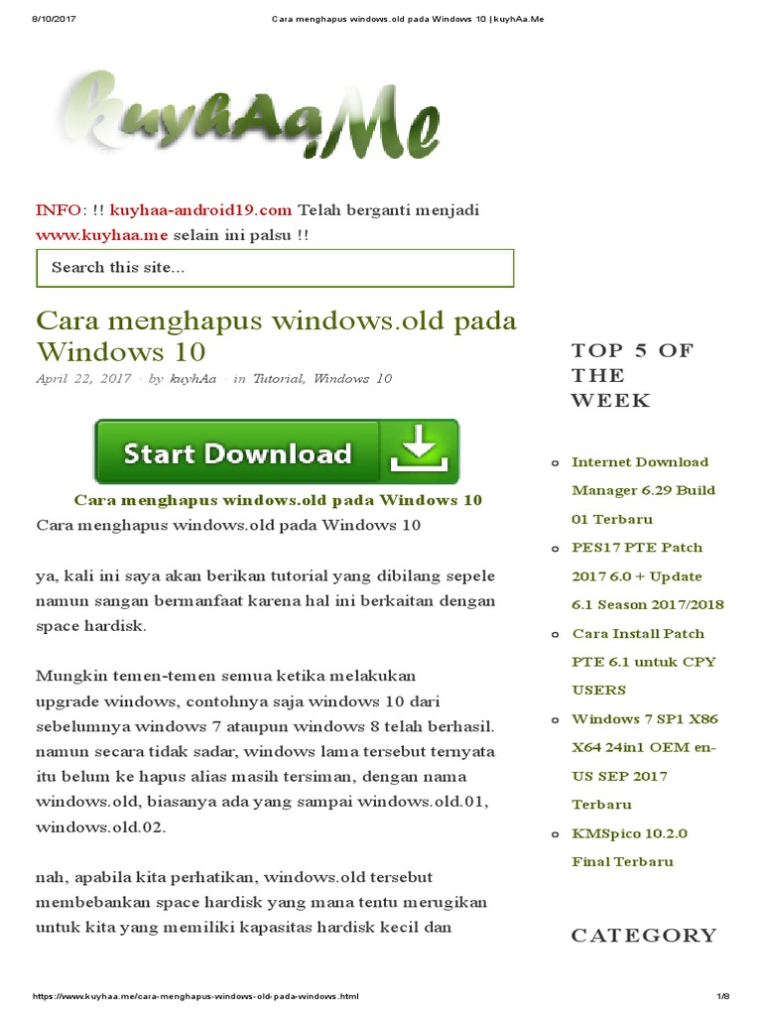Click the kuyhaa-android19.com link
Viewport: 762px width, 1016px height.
click(200, 210)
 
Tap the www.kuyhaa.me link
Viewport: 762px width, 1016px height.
click(102, 235)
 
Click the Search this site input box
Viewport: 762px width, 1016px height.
click(275, 268)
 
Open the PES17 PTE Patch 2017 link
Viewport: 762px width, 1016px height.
click(647, 575)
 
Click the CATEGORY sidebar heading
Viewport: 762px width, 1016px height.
click(643, 935)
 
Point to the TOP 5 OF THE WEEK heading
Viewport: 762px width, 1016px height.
click(632, 375)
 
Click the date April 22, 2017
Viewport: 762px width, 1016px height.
click(83, 379)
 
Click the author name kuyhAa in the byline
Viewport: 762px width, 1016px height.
click(192, 379)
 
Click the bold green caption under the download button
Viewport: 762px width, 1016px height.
click(278, 500)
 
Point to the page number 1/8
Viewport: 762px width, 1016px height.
click(722, 995)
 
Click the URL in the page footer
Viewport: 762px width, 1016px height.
click(196, 995)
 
